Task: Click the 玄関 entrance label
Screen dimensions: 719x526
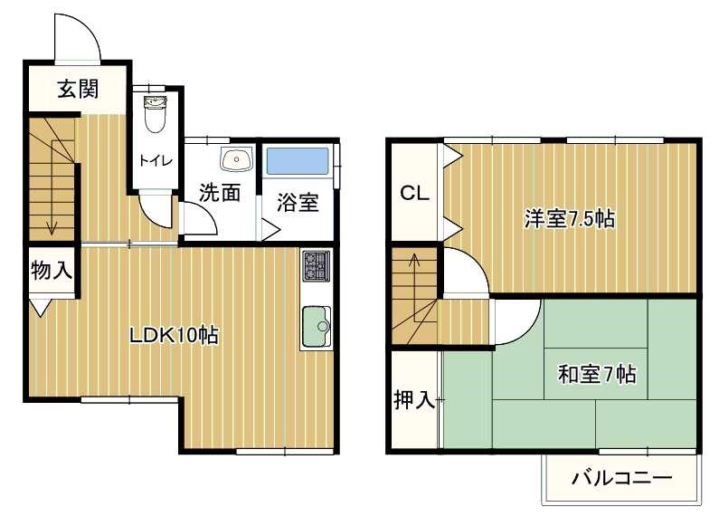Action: (78, 89)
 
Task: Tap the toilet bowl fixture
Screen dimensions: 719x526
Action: (156, 114)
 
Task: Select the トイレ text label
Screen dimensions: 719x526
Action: (156, 160)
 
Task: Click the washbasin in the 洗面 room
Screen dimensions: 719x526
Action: (236, 159)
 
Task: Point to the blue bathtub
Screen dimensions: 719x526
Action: (298, 161)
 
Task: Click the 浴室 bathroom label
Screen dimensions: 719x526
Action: (298, 203)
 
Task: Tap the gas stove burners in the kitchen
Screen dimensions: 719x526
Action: (316, 266)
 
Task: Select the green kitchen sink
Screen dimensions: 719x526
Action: (316, 327)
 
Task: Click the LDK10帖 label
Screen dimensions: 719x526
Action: (174, 336)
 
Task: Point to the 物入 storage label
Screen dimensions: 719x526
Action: (52, 270)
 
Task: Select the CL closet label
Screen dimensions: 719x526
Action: (414, 193)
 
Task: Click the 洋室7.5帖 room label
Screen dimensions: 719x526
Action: (570, 218)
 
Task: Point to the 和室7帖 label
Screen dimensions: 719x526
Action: (597, 374)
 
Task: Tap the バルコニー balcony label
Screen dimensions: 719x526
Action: (621, 479)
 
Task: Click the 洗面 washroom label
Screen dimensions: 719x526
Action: (220, 193)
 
